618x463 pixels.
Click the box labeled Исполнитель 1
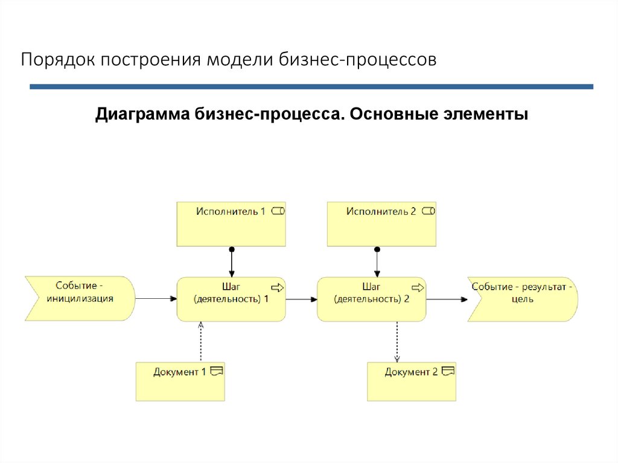tap(231, 224)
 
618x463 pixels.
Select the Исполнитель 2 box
tap(381, 224)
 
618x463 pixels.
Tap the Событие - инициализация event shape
tap(80, 298)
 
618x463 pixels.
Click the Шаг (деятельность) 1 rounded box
tap(231, 299)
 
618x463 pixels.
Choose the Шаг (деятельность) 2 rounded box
tap(372, 299)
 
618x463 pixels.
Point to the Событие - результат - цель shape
tap(523, 299)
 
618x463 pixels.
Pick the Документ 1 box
tap(180, 382)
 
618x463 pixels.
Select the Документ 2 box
tap(412, 382)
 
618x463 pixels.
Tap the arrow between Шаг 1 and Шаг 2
tap(302, 299)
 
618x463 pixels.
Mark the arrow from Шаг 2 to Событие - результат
tap(447, 299)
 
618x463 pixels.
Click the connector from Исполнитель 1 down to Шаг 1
tap(231, 262)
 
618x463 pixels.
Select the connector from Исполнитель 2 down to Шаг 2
tap(377, 262)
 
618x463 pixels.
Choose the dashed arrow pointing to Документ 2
tap(397, 342)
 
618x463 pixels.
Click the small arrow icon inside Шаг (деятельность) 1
tap(278, 287)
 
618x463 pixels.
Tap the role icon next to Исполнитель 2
tap(428, 211)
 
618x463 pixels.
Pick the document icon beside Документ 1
tap(216, 371)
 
